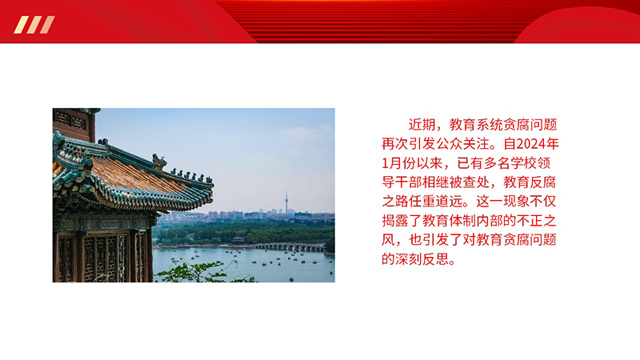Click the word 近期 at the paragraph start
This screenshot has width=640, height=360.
(x=422, y=125)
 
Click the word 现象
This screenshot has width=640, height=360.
(x=516, y=202)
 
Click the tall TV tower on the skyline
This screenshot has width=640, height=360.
(x=286, y=202)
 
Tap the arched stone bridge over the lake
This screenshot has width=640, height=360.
(x=290, y=246)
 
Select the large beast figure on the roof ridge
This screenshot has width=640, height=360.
(x=158, y=162)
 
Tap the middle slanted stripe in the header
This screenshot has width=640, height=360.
(x=34, y=25)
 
